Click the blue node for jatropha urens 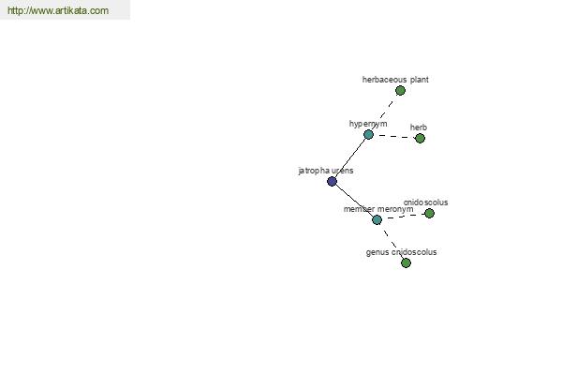332,181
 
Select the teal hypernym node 368,135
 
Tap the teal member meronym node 377,219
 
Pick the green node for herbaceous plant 400,90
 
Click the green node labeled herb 420,138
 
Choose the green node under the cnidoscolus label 429,214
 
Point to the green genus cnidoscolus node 406,263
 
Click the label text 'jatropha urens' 326,171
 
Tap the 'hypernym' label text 368,124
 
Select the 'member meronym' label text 378,209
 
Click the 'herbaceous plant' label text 395,80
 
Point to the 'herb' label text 419,127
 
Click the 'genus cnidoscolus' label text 402,252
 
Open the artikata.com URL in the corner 58,10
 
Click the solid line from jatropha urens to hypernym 350,157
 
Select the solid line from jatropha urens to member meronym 354,201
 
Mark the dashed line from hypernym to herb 394,136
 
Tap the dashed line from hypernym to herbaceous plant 385,112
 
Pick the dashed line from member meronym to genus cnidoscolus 392,242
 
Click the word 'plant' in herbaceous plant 420,80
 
